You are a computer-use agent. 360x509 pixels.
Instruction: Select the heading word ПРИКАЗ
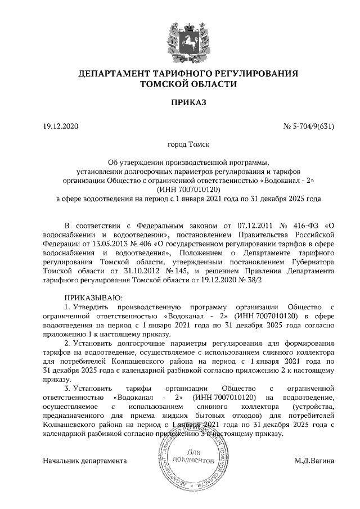(180, 103)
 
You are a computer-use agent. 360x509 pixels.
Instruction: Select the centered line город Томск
(180, 145)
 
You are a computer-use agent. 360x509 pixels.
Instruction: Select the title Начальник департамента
(85, 461)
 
